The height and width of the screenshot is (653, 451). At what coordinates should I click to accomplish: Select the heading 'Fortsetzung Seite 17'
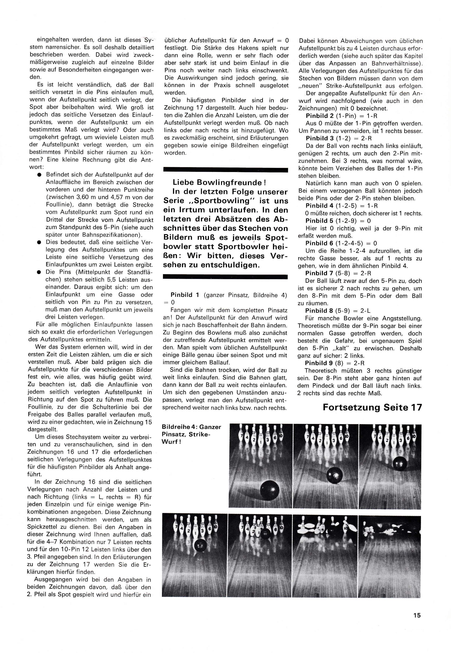click(x=372, y=407)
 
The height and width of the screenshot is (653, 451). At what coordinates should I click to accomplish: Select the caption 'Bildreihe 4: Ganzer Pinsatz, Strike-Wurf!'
click(x=191, y=434)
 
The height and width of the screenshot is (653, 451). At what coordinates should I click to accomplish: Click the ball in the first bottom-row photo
click(x=200, y=544)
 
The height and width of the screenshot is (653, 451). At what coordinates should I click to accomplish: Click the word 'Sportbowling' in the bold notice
click(x=218, y=201)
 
